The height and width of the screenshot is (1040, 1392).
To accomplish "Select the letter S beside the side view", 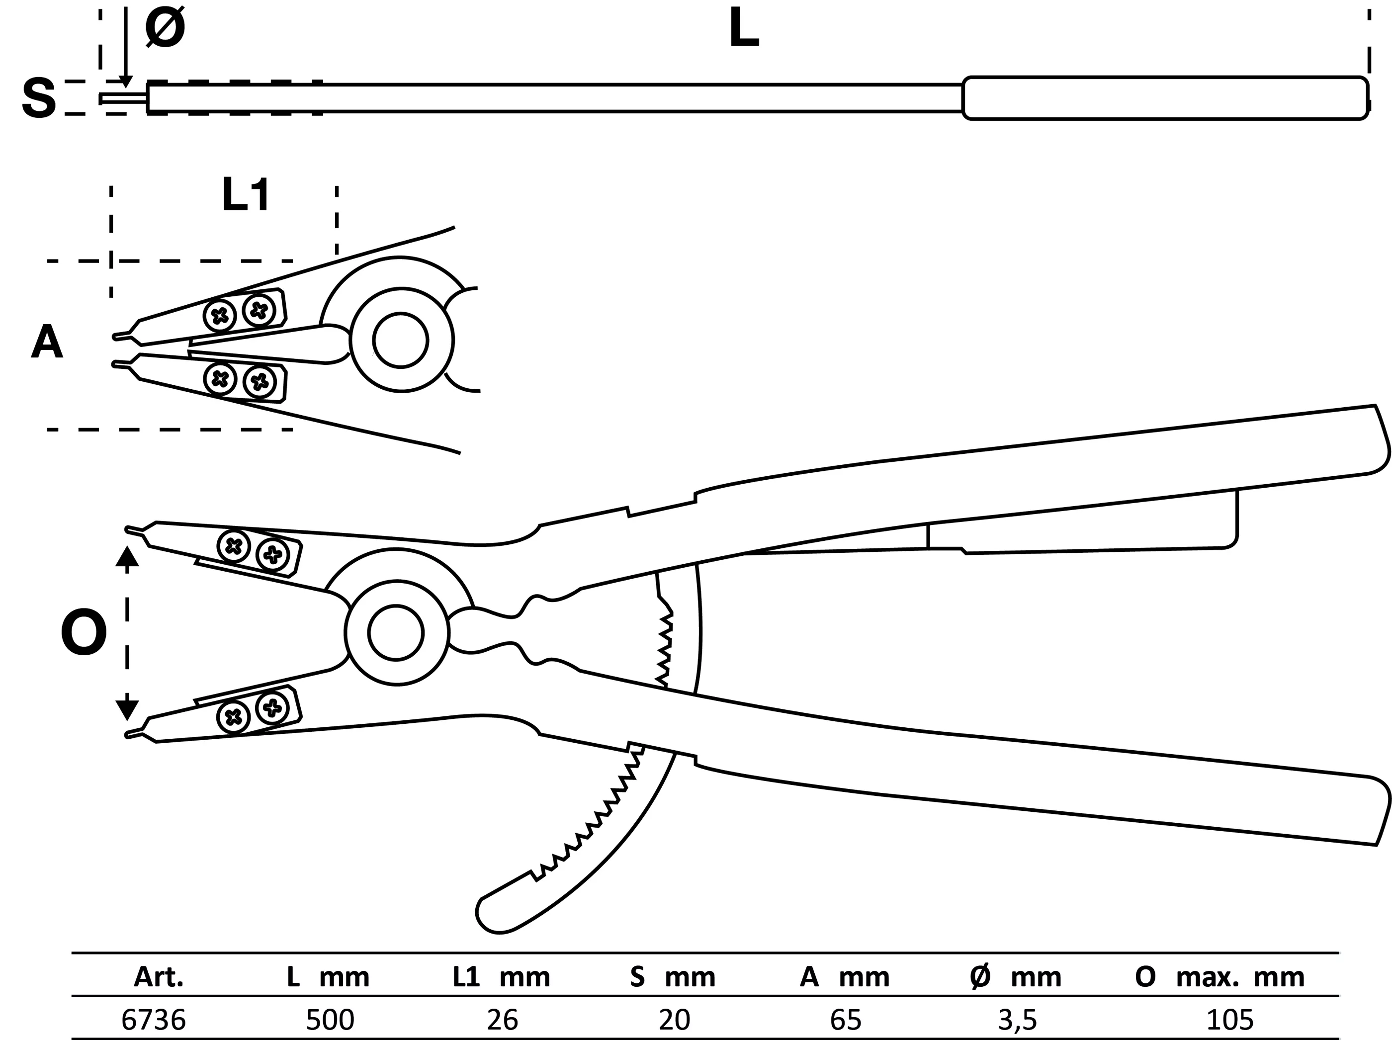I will (38, 99).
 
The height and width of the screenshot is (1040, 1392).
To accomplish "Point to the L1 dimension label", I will (246, 196).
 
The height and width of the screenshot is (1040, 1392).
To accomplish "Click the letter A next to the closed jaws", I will (47, 344).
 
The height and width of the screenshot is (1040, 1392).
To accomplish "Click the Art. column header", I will (159, 977).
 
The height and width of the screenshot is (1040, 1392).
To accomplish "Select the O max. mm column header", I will (1219, 977).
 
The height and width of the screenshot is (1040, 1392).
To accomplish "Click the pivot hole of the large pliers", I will (396, 633).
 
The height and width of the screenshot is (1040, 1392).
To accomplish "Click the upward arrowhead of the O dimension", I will (127, 557).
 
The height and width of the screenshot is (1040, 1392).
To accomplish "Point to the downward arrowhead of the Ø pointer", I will (126, 82).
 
